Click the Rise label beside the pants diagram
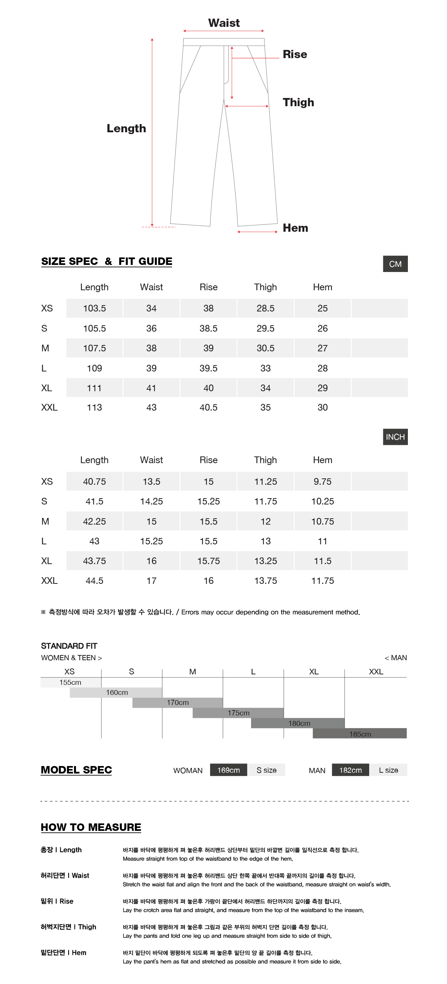pyautogui.click(x=295, y=54)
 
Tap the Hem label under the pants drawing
pyautogui.click(x=295, y=228)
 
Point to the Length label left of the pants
pyautogui.click(x=126, y=128)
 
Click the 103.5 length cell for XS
pyautogui.click(x=94, y=308)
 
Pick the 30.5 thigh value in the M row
pyautogui.click(x=265, y=348)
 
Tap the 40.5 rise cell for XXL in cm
pyautogui.click(x=208, y=408)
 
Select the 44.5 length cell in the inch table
pyautogui.click(x=94, y=580)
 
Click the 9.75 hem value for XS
pyautogui.click(x=322, y=481)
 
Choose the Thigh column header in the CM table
pyautogui.click(x=265, y=287)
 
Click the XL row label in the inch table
pyautogui.click(x=47, y=561)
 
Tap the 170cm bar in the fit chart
pyautogui.click(x=177, y=702)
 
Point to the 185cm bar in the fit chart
pyautogui.click(x=359, y=734)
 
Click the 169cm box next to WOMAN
pyautogui.click(x=228, y=770)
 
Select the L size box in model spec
pyautogui.click(x=388, y=770)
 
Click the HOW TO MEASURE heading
pyautogui.click(x=91, y=827)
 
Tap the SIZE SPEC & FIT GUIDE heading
pyautogui.click(x=107, y=261)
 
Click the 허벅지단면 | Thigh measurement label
pyautogui.click(x=69, y=927)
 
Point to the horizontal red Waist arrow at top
pyautogui.click(x=223, y=31)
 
